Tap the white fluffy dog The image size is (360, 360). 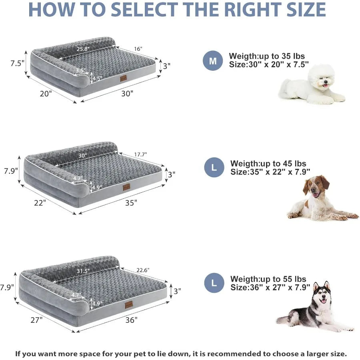pyautogui.click(x=311, y=85)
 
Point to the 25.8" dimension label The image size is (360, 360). pyautogui.click(x=83, y=49)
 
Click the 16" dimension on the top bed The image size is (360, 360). pyautogui.click(x=138, y=49)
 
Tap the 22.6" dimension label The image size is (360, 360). pyautogui.click(x=143, y=270)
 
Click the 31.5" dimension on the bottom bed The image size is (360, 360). pyautogui.click(x=83, y=271)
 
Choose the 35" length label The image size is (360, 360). pyautogui.click(x=131, y=203)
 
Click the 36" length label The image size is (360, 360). pyautogui.click(x=131, y=320)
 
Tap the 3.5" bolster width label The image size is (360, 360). pyautogui.click(x=80, y=70)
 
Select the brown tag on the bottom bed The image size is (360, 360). pyautogui.click(x=128, y=305)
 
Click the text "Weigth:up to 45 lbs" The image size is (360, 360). pyautogui.click(x=268, y=164)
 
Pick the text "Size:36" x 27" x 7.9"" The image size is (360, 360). pyautogui.click(x=270, y=287)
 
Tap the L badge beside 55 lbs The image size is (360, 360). pyautogui.click(x=214, y=283)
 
